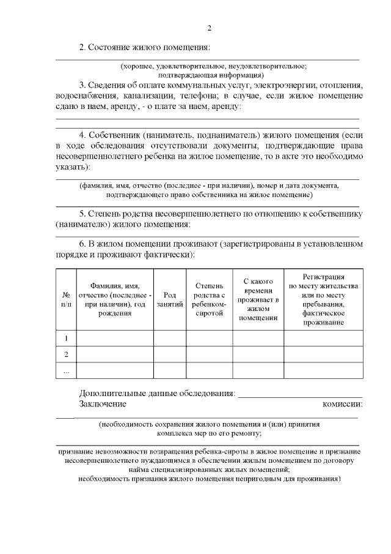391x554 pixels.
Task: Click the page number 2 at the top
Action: pos(209,28)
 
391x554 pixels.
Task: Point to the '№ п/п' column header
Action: pos(66,298)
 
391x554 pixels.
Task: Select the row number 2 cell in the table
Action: pos(66,354)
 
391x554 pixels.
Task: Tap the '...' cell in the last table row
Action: pos(66,371)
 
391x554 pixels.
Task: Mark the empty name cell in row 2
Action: pos(114,354)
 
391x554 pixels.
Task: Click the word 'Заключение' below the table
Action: pos(103,404)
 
